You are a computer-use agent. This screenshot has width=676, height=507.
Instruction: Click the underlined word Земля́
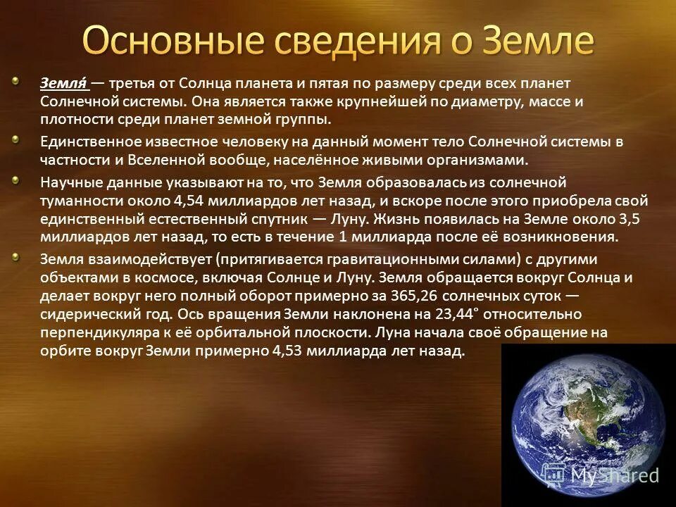[x=63, y=84]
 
